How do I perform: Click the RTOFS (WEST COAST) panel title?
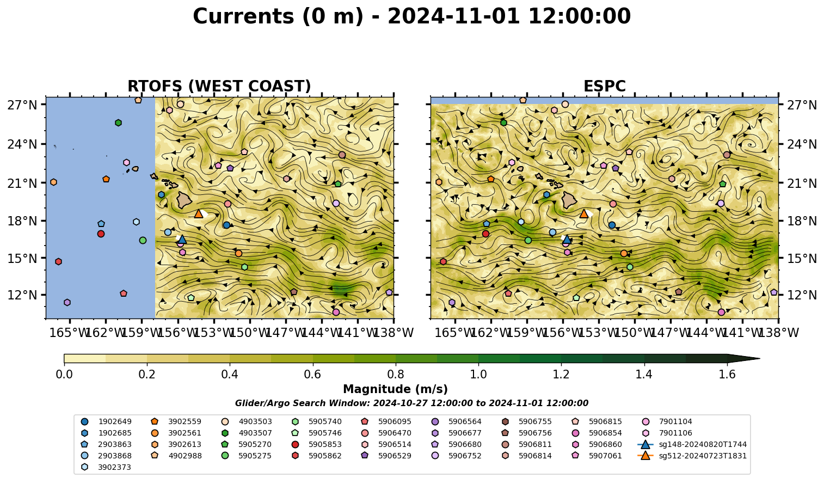[x=219, y=86]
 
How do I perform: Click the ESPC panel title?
[x=605, y=86]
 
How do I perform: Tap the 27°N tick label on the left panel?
[x=22, y=105]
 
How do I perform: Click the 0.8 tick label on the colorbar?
[x=396, y=375]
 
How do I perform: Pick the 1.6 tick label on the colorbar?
[x=727, y=375]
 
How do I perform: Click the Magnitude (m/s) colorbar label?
[x=396, y=389]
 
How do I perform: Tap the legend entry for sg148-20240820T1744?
[x=692, y=444]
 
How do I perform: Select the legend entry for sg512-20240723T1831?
[x=692, y=456]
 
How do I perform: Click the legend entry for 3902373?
[x=106, y=467]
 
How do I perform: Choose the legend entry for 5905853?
[x=317, y=444]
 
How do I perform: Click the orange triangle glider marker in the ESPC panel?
[x=584, y=213]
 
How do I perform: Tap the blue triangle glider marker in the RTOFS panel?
[x=182, y=239]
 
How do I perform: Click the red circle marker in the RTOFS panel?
[x=101, y=234]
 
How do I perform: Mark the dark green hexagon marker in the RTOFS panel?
[x=118, y=122]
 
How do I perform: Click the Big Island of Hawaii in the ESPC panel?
[x=569, y=200]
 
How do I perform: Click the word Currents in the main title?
[x=243, y=16]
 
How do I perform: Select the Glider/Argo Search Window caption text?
[x=411, y=403]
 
